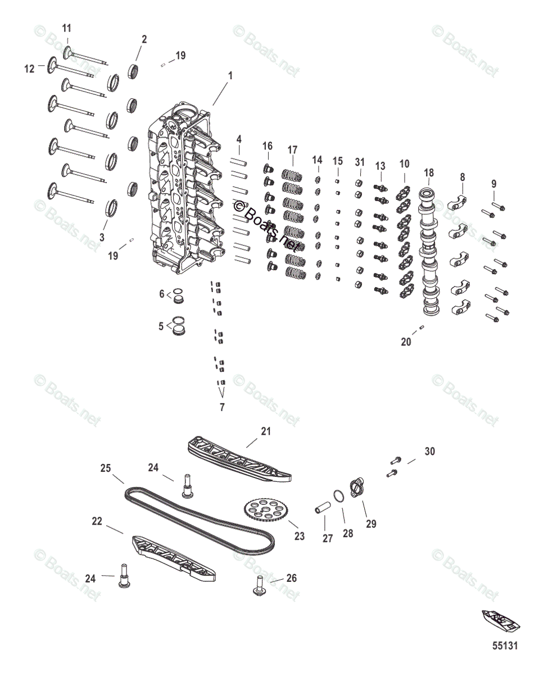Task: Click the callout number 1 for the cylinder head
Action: click(229, 75)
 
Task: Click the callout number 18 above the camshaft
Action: click(429, 172)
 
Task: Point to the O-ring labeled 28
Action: click(338, 497)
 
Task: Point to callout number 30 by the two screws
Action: click(429, 451)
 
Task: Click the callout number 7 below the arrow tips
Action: click(221, 407)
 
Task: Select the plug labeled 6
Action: click(179, 295)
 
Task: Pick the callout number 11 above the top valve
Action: click(67, 28)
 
